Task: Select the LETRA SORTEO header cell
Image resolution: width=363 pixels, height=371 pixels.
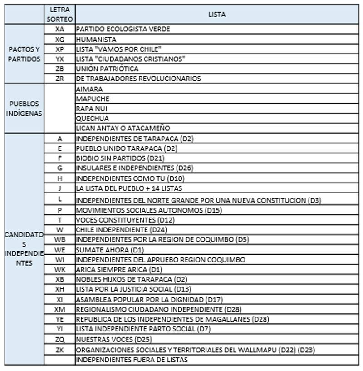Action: [59, 15]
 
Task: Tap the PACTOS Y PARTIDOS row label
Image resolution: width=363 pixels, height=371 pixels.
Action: [24, 54]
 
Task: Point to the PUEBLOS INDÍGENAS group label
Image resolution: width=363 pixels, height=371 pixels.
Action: [24, 109]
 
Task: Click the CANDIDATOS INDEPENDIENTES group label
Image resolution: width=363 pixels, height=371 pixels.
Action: [24, 249]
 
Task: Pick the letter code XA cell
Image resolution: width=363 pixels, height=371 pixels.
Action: [59, 29]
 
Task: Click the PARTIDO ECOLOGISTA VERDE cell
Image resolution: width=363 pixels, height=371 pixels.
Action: [123, 29]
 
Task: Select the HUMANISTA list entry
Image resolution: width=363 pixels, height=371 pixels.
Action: [96, 40]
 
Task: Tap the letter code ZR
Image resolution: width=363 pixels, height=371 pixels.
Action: [59, 79]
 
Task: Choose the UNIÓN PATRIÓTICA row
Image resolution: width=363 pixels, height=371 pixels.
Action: [107, 69]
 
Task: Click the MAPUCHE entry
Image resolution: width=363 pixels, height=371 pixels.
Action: [93, 99]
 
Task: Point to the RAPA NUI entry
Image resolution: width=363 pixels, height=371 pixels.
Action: [92, 109]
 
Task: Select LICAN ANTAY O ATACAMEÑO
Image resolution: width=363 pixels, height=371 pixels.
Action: [123, 128]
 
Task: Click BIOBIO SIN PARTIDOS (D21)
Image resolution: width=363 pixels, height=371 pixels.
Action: [120, 158]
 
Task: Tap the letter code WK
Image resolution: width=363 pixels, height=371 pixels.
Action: [59, 269]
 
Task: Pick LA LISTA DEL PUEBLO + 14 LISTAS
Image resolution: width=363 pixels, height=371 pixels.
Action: [129, 188]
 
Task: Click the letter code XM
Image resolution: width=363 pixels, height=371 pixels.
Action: [59, 309]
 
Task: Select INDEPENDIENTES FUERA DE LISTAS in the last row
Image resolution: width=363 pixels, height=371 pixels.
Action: [132, 360]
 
